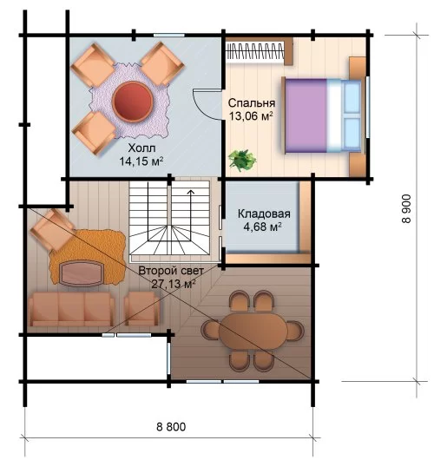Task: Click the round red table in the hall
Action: (132, 102)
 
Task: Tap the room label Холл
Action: (141, 148)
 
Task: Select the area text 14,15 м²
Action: (141, 161)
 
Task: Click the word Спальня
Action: (252, 103)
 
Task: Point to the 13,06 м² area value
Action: (251, 116)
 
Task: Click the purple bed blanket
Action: (306, 115)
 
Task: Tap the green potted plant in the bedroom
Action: (242, 161)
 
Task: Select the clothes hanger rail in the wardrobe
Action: (255, 51)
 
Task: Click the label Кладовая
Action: (264, 214)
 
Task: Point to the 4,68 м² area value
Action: (263, 227)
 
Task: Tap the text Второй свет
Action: (171, 271)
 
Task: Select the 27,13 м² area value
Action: (174, 284)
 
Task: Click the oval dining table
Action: (253, 332)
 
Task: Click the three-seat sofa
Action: (71, 309)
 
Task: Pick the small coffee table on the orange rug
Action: (81, 273)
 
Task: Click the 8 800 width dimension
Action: (171, 426)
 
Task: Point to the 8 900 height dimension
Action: (407, 208)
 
